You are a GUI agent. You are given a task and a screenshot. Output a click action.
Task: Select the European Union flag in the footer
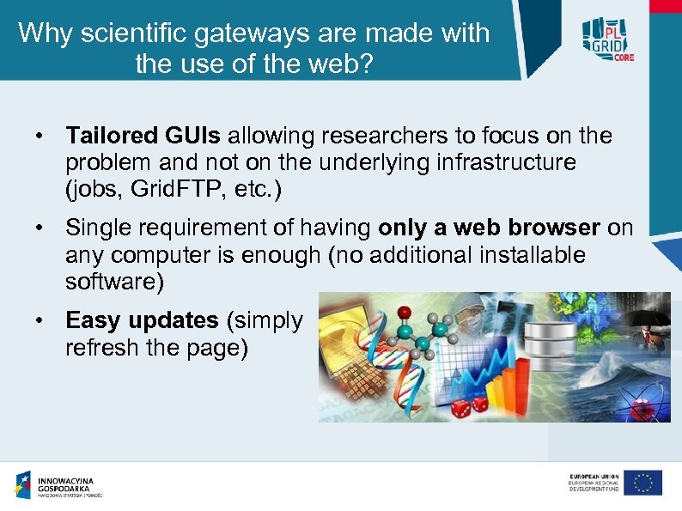[x=642, y=484]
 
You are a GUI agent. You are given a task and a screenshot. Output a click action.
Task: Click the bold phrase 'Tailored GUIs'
[x=143, y=136]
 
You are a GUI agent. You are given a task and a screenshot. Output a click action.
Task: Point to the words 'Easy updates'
[x=142, y=320]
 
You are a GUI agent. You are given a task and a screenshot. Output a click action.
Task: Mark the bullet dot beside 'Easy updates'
[x=40, y=321]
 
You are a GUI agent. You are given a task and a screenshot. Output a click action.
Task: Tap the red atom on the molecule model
[x=405, y=311]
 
